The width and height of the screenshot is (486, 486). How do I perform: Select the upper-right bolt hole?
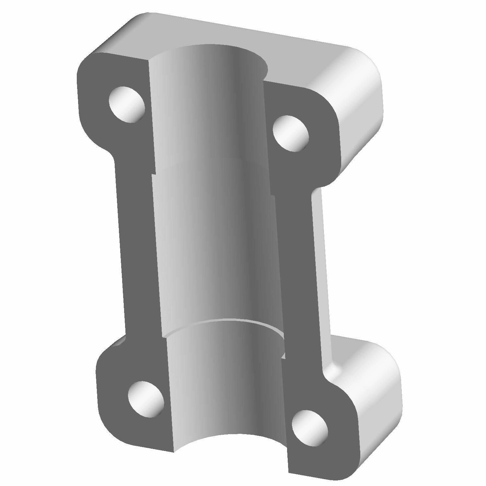click(291, 133)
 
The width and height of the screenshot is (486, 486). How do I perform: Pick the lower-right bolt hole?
click(309, 427)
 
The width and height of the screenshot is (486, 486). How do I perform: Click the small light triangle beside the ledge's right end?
click(284, 356)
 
